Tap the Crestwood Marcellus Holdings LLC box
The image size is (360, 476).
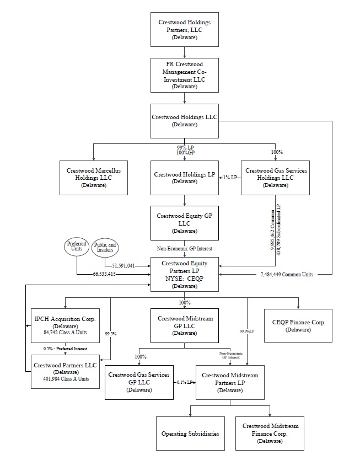93,178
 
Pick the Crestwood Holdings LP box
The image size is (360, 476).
184,178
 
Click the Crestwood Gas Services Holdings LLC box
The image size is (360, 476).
276,178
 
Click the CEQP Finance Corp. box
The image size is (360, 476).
298,325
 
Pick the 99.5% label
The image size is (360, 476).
111,334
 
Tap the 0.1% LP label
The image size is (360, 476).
184,382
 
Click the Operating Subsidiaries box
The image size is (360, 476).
190,434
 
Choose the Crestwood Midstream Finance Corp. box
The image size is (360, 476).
270,434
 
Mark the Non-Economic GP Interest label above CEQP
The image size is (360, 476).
184,249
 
